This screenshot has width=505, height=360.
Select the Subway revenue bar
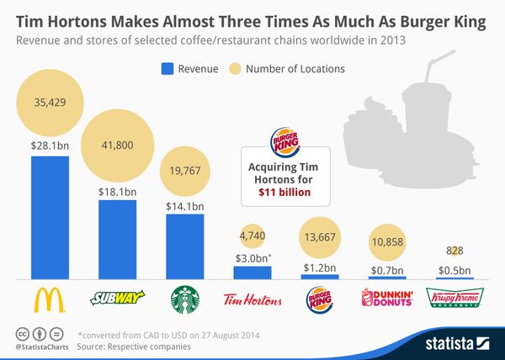(116, 239)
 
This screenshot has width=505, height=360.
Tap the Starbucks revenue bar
(183, 246)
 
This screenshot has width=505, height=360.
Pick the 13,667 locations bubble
(319, 237)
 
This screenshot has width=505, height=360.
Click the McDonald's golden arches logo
(49, 298)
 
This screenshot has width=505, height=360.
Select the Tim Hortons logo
(252, 299)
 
